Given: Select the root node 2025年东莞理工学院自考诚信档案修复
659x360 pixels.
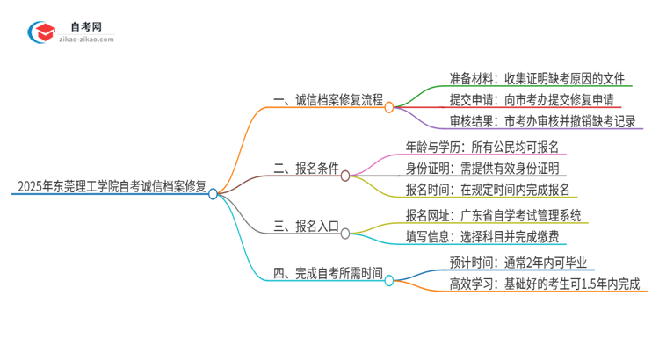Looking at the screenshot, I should [x=110, y=186].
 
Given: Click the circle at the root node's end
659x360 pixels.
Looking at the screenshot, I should [x=213, y=194].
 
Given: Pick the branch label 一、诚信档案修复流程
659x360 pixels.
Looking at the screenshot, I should [x=323, y=99].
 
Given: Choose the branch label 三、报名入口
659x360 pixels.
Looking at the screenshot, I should [x=304, y=227].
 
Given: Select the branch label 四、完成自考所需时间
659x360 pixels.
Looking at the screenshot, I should [x=327, y=274].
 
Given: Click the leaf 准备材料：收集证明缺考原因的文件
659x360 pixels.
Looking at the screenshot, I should [x=525, y=78].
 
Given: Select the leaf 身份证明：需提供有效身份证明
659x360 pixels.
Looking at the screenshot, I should [x=481, y=169].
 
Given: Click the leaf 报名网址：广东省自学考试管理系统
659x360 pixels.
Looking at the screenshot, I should [x=492, y=214].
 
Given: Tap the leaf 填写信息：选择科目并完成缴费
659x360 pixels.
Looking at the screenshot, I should [x=487, y=236].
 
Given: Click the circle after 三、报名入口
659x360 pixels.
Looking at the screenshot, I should [x=345, y=234].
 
